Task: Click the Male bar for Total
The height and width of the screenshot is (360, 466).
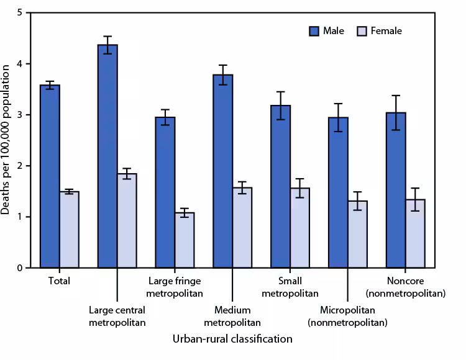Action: coord(50,177)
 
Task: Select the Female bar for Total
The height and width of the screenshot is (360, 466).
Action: coord(69,230)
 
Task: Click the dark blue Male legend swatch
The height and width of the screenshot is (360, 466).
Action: coord(313,31)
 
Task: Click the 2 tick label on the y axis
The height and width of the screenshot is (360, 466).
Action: coord(21,166)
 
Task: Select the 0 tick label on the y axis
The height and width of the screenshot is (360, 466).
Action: coord(21,268)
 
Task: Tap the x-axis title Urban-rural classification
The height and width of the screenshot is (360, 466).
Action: coord(232,340)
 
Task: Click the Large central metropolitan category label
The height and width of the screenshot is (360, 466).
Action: coord(117,317)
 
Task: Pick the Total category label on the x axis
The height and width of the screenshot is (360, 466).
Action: coord(59,281)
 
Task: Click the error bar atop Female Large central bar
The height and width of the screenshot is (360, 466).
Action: coord(127,174)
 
